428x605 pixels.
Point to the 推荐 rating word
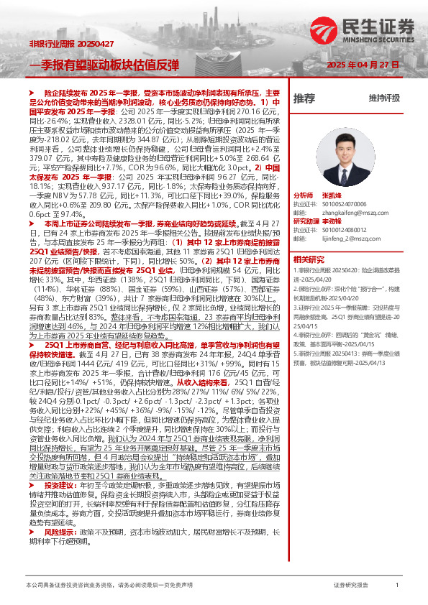pyautogui.click(x=304, y=98)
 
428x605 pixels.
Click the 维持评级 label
pyautogui.click(x=384, y=98)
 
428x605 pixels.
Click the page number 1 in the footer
pyautogui.click(x=397, y=586)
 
